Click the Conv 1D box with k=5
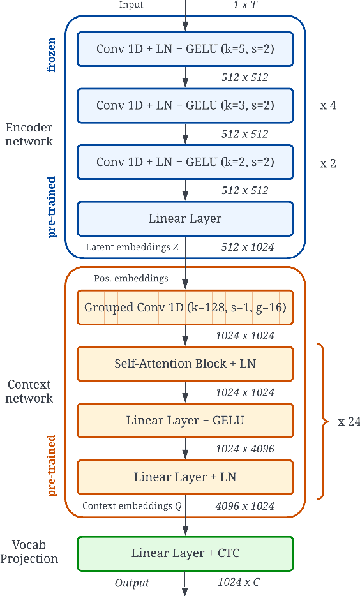click(185, 48)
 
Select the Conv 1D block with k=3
click(185, 105)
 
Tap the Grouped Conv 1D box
click(185, 308)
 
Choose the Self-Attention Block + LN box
click(185, 364)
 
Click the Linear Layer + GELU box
click(185, 421)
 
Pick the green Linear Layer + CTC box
click(185, 553)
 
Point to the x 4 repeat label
click(328, 105)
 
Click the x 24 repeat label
click(349, 422)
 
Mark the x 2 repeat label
click(328, 163)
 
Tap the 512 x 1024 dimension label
click(248, 247)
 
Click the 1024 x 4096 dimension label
click(245, 449)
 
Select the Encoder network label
click(29, 134)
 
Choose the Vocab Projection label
click(29, 552)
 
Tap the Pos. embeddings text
click(131, 278)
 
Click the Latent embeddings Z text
click(132, 247)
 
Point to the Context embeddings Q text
click(130, 506)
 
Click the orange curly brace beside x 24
click(324, 422)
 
